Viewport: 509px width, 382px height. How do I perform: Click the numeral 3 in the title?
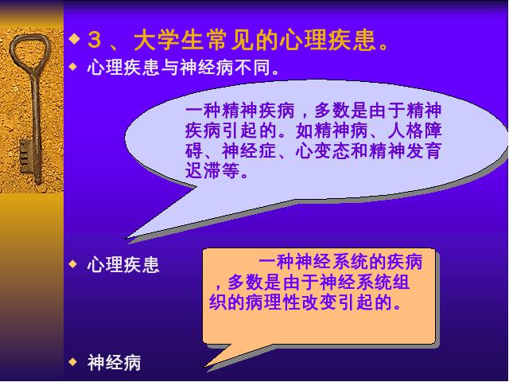95,41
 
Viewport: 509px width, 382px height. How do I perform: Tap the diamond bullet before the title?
74,39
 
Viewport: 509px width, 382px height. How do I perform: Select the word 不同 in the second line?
253,68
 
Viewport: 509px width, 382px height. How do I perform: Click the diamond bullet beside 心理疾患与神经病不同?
73,67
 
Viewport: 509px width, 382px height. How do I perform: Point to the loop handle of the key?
31,49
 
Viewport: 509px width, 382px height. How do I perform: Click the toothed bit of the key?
26,156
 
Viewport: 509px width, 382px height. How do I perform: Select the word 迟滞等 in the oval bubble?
212,170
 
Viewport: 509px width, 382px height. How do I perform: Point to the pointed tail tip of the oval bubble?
127,238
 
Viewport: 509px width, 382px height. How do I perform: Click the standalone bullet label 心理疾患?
123,264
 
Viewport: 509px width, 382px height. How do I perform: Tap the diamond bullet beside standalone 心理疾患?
73,263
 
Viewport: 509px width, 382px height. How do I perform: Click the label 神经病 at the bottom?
115,363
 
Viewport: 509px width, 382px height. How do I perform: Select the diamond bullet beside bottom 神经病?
73,361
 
